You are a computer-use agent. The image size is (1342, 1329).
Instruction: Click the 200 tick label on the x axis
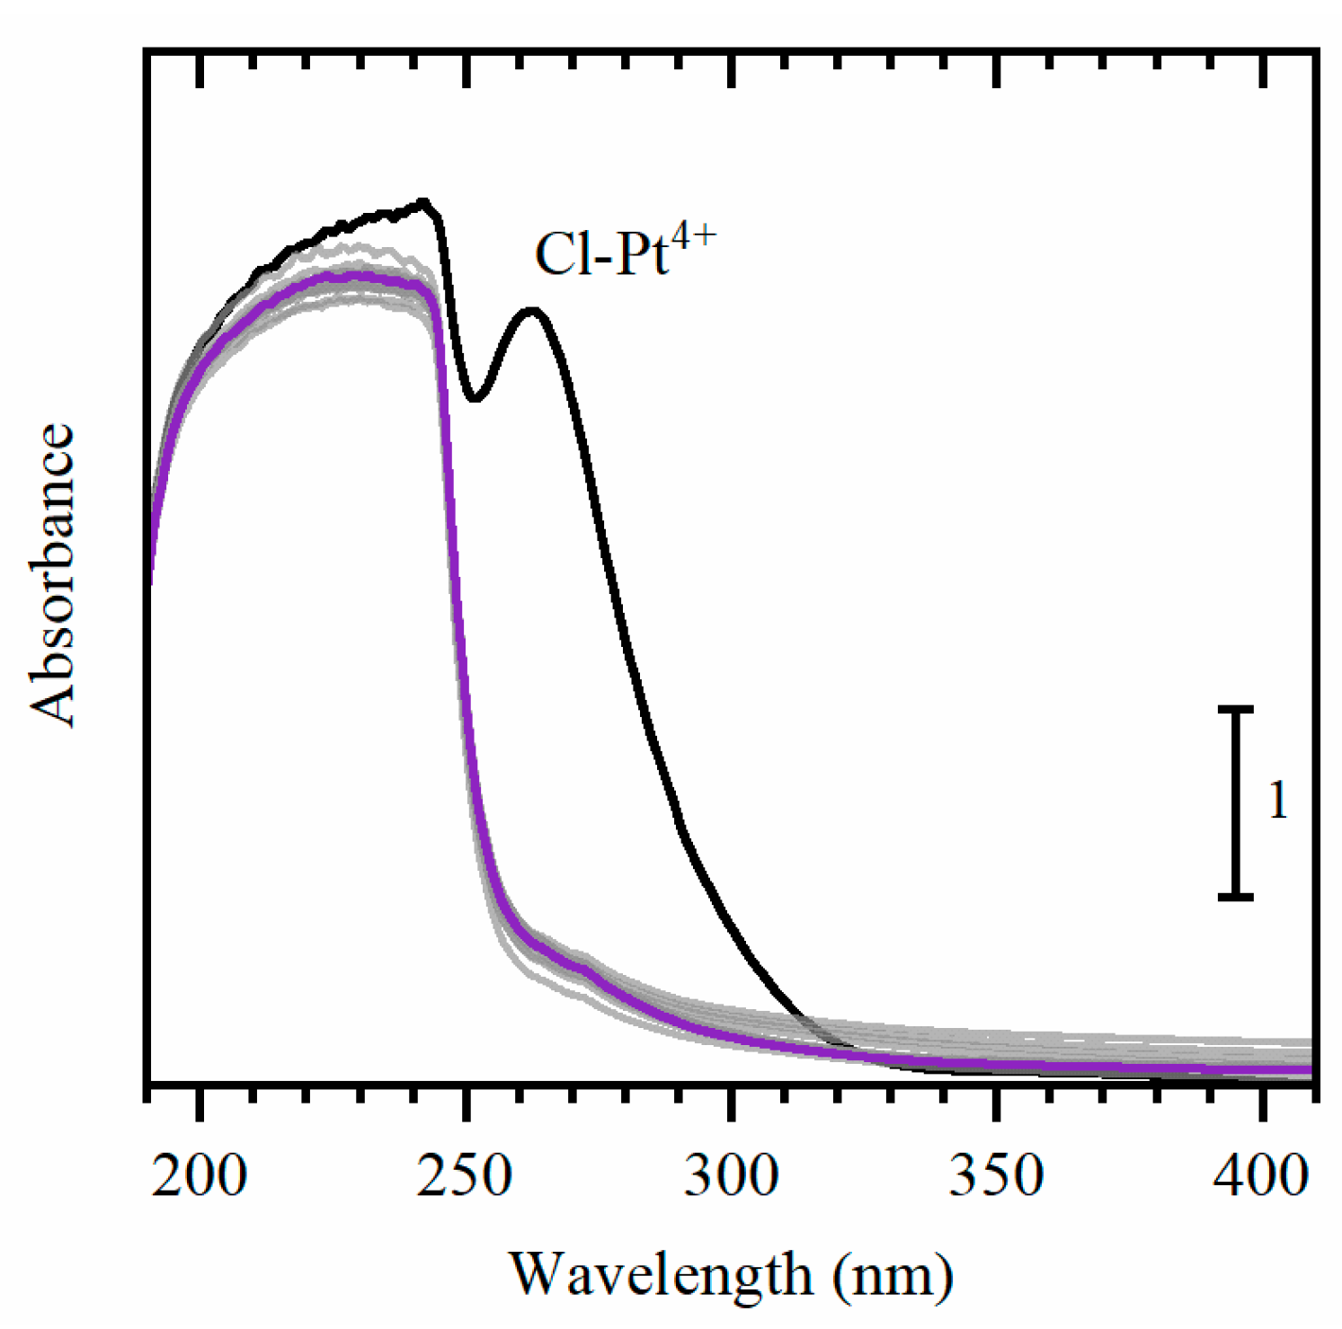point(199,1176)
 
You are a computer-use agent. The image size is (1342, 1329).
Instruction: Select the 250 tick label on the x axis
point(465,1176)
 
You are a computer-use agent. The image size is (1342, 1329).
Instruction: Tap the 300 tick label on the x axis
point(731,1176)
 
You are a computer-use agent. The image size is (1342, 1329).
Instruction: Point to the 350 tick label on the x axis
point(997,1176)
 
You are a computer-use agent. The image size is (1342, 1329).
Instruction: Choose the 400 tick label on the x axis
point(1262,1176)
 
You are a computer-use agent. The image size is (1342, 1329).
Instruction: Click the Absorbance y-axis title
point(52,575)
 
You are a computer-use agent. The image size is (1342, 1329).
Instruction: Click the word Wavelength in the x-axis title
point(662,1274)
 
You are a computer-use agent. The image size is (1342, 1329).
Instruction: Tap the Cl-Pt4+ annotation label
point(625,253)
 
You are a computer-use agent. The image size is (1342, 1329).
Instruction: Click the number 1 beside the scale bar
point(1277,800)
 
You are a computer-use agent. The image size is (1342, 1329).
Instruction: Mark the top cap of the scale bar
point(1236,710)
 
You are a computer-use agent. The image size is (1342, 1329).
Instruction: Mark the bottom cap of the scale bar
point(1236,896)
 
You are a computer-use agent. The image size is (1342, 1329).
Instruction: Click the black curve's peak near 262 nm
point(533,311)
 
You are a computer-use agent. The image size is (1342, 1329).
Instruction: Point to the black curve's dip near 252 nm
point(475,398)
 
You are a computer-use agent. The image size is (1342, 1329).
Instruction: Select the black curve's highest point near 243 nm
point(423,202)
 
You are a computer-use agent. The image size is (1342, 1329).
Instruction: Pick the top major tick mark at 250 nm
point(466,72)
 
